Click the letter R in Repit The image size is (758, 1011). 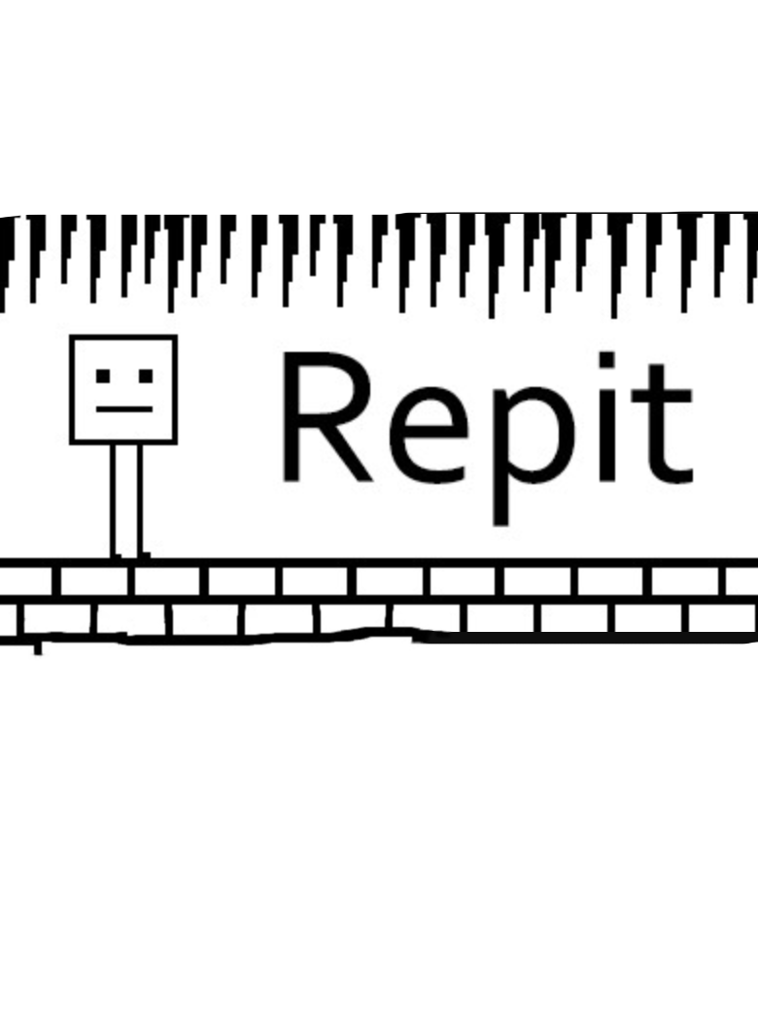click(x=321, y=418)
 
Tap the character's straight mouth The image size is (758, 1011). click(x=123, y=409)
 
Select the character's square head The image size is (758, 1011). click(x=123, y=389)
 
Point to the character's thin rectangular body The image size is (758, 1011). click(x=125, y=501)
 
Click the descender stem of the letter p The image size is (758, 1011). click(x=501, y=501)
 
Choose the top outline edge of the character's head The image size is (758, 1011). click(x=123, y=338)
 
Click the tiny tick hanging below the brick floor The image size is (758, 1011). click(x=38, y=646)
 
